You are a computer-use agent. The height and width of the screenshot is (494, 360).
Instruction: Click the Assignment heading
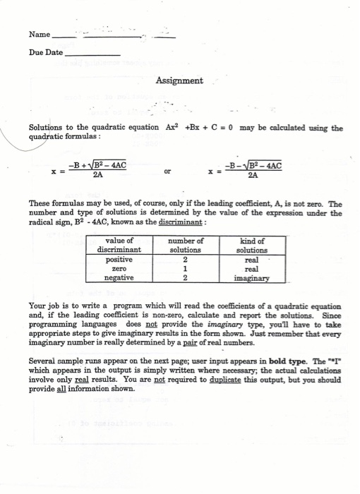coord(179,81)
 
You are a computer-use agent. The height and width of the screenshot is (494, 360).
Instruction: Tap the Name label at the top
coord(40,35)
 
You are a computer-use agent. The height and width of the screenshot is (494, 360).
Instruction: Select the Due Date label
coord(45,53)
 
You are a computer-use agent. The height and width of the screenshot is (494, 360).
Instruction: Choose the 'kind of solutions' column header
coord(251,245)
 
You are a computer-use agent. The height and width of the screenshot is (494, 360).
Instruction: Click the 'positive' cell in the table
coord(119,259)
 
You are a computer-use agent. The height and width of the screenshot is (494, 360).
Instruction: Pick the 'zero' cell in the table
coord(119,268)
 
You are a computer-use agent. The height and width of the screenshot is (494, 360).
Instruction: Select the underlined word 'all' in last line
coord(66,388)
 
